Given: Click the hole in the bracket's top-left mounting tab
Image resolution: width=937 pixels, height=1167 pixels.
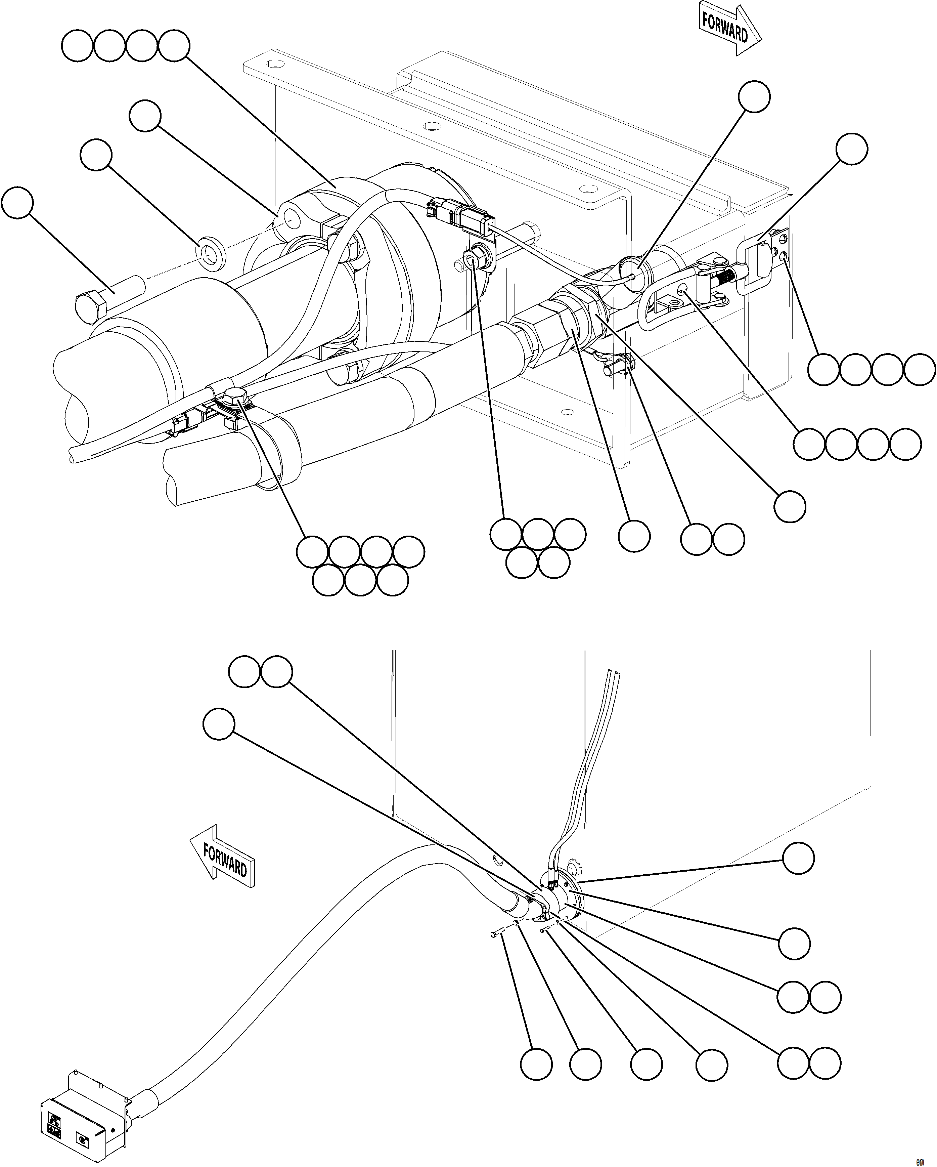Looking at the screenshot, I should [276, 65].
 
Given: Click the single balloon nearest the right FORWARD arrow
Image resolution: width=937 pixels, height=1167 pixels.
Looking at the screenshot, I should [754, 96].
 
